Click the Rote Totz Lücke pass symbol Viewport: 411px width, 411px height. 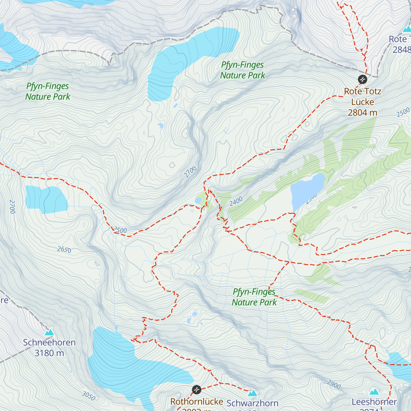pos(362,79)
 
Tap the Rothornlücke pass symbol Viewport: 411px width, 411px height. pos(197,389)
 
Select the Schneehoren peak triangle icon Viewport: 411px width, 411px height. pos(49,332)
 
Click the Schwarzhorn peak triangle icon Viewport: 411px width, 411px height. pos(252,393)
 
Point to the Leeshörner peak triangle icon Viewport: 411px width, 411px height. pos(374,391)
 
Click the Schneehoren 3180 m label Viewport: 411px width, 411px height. pos(49,348)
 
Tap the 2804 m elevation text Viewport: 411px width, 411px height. pos(362,113)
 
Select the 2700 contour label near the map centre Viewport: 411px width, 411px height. pos(190,172)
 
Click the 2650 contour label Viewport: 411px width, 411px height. pos(64,250)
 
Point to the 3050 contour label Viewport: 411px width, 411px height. pos(88,396)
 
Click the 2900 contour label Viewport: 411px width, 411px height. pos(334,385)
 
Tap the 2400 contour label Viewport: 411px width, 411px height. pos(236,201)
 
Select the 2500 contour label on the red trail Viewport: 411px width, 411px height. pos(120,230)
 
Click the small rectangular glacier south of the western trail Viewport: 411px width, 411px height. pos(46,199)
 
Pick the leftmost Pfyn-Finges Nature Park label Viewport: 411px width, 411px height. pos(48,91)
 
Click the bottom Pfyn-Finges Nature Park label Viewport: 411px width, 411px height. pos(254,297)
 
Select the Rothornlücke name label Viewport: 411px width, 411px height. pos(197,401)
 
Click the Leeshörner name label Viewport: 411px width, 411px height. pos(374,402)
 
